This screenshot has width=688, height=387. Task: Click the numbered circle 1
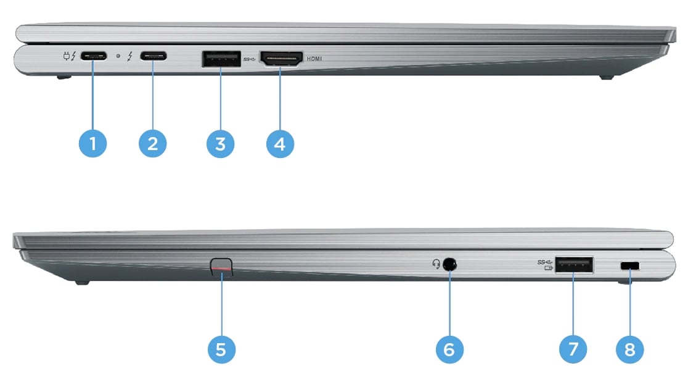coord(93,144)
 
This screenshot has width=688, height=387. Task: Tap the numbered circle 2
coord(153,144)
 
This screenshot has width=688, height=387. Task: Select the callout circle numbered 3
coord(221,144)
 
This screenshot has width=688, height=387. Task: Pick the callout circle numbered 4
coord(281,144)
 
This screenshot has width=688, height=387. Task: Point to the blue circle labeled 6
coord(449,350)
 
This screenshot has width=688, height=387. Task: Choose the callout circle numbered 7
coord(573,350)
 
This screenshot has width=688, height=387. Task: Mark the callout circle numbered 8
coord(629,350)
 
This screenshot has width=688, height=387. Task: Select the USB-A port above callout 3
coord(221,59)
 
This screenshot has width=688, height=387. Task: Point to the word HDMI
coord(314,59)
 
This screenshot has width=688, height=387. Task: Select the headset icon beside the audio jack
coord(436,264)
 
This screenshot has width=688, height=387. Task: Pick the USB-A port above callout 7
coord(574,265)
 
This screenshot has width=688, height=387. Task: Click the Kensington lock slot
coord(629,265)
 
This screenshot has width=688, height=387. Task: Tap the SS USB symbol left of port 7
coord(544,264)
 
